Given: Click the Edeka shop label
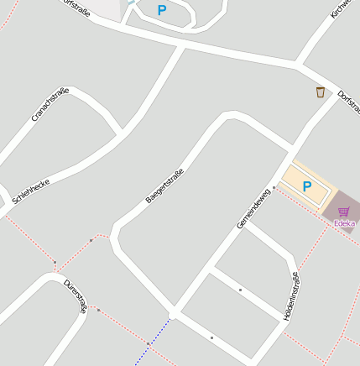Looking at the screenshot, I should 344,223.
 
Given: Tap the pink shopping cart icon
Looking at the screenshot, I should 343,212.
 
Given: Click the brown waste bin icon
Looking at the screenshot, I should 320,91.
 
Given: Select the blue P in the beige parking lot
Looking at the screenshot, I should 306,186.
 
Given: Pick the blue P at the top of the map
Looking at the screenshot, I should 162,10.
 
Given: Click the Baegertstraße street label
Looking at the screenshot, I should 164,186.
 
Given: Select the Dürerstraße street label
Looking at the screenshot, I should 76,295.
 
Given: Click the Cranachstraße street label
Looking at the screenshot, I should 50,104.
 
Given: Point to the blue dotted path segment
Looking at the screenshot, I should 153,341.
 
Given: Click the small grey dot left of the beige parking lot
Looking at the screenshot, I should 274,187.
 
